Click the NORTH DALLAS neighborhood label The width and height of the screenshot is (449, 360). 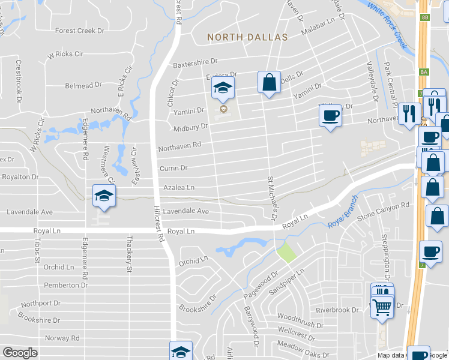pyautogui.click(x=247, y=37)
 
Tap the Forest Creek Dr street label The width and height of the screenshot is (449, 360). pyautogui.click(x=79, y=31)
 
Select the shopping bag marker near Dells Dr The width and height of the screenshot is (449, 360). pyautogui.click(x=269, y=82)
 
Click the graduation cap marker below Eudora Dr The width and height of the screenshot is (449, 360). pyautogui.click(x=222, y=89)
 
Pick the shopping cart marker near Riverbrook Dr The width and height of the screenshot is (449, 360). pyautogui.click(x=382, y=308)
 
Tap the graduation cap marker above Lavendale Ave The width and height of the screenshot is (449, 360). pyautogui.click(x=103, y=196)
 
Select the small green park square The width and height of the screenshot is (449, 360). pyautogui.click(x=286, y=252)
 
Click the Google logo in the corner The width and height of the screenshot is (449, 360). pyautogui.click(x=19, y=353)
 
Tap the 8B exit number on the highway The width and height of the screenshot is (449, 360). pyautogui.click(x=425, y=17)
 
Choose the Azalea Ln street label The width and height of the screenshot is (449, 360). pyautogui.click(x=179, y=188)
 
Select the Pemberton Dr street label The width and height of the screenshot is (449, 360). pyautogui.click(x=58, y=286)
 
